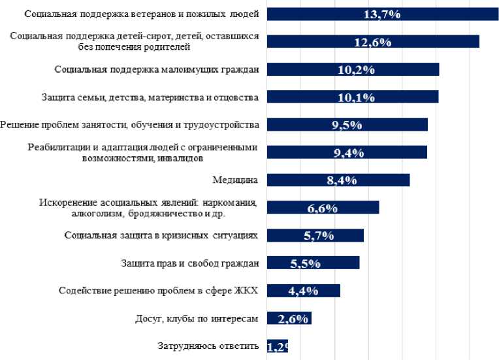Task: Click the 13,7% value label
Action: point(381,14)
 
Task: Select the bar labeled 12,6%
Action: point(373,41)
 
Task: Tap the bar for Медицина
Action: point(338,180)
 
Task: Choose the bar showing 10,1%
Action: point(353,97)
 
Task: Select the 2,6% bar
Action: point(289,318)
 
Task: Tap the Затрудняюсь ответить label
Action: point(208,346)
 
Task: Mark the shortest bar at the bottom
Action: point(278,347)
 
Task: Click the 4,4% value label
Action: point(302,291)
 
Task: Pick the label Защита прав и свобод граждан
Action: point(190,263)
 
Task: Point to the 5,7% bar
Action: point(315,236)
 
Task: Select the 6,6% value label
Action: point(322,208)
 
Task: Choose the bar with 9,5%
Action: point(347,125)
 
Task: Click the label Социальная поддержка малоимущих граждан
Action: point(157,69)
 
